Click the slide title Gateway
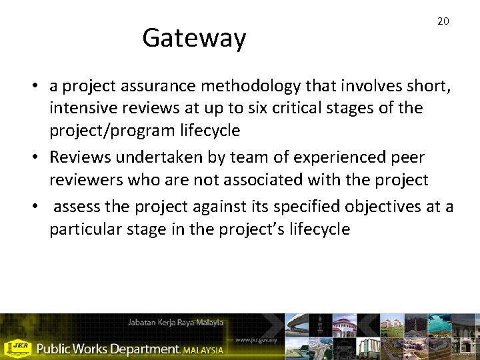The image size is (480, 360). (x=194, y=38)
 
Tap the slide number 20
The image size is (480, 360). (x=443, y=21)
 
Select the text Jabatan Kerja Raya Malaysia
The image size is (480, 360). (x=175, y=323)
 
